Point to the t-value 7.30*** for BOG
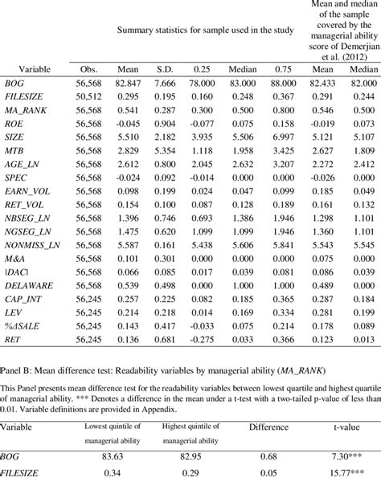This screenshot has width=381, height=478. tap(355, 445)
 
